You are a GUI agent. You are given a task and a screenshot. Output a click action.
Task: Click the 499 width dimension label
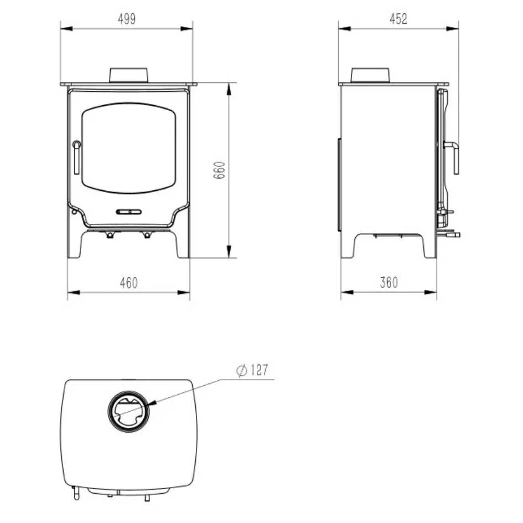(x=127, y=19)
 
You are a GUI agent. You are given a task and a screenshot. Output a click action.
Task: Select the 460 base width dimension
(x=128, y=283)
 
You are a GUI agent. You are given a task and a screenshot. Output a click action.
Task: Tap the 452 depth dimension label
(x=398, y=19)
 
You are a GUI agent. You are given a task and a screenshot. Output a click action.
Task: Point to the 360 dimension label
(x=389, y=283)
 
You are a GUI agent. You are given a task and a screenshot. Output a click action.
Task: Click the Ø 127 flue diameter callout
(x=252, y=370)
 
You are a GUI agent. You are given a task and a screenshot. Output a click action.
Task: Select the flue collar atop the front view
(x=128, y=75)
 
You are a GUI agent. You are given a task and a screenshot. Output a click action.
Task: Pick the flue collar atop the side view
(x=371, y=75)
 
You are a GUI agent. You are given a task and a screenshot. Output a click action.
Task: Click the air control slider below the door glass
(x=128, y=211)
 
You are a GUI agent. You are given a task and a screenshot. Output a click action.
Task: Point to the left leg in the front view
(x=74, y=246)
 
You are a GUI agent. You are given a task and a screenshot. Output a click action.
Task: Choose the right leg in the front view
(x=183, y=246)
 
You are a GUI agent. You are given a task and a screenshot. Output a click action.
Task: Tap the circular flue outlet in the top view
(x=128, y=412)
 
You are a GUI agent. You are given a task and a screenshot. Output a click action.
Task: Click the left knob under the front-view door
(x=110, y=235)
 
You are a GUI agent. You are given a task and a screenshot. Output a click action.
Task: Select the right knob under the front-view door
(x=147, y=235)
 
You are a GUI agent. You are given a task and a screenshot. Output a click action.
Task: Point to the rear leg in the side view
(x=348, y=246)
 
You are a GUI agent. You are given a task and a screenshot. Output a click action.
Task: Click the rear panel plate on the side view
(x=339, y=185)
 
